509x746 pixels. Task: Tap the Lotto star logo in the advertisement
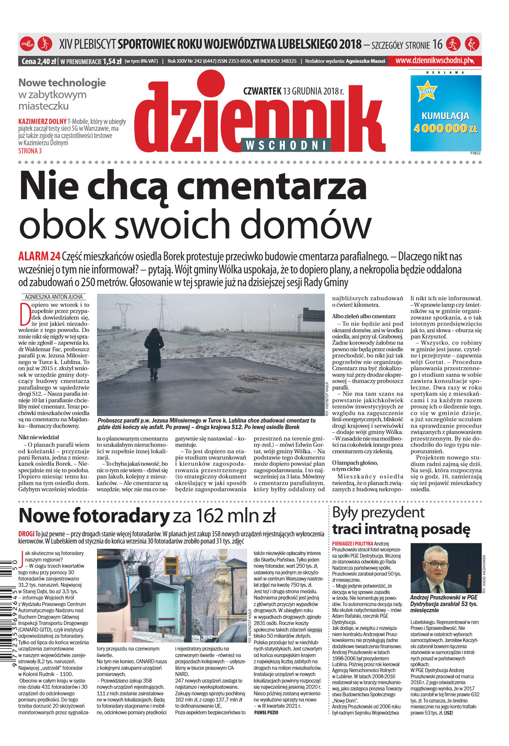coord(427,91)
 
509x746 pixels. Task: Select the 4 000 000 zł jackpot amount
coord(445,129)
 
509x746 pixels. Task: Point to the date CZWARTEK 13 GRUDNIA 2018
coord(293,91)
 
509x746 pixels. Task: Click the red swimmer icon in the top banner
coord(27,44)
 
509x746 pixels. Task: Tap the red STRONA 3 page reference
coord(30,151)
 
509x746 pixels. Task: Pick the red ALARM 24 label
coord(39,257)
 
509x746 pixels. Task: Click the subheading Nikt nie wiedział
coord(39,437)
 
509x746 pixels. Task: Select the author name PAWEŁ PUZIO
coord(266,713)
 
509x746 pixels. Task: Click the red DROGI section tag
coord(26,534)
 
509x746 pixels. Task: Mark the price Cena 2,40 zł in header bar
coord(39,61)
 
